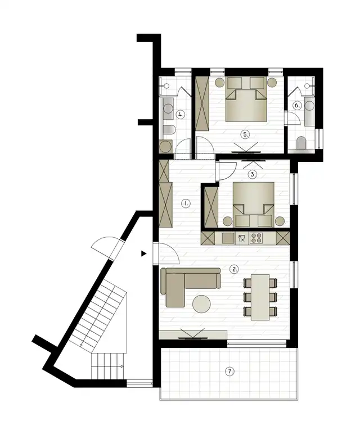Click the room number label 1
click(186, 203)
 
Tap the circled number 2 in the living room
click(234, 269)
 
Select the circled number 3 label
click(253, 174)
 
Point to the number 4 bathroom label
click(181, 115)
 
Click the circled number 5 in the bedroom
click(245, 134)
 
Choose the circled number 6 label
click(297, 105)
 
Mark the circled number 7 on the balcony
click(229, 372)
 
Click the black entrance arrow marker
click(144, 253)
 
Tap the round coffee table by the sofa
click(201, 304)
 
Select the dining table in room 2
click(260, 297)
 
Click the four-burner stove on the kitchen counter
click(255, 238)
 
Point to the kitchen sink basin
click(228, 238)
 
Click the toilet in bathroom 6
click(301, 143)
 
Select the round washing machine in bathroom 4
click(165, 147)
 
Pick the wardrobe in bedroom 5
click(202, 103)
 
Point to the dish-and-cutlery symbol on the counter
click(242, 238)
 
